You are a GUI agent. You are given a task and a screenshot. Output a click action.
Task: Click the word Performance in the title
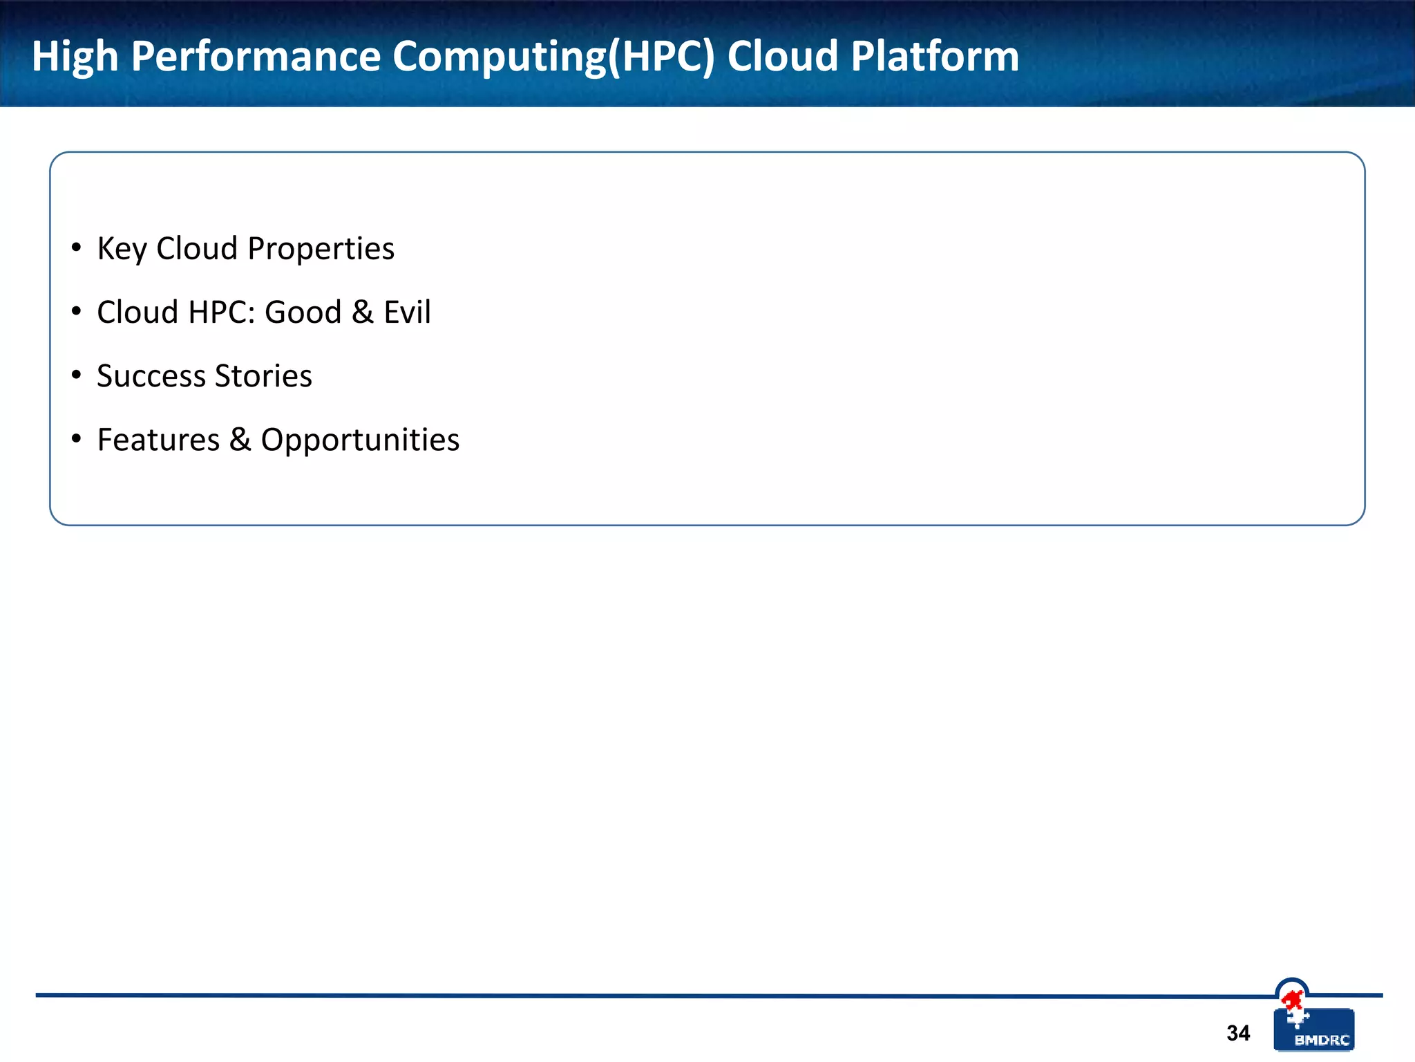pyautogui.click(x=256, y=56)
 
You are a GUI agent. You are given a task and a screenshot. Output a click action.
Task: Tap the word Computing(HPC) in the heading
pyautogui.click(x=553, y=57)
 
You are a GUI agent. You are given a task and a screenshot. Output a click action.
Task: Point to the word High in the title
pyautogui.click(x=75, y=57)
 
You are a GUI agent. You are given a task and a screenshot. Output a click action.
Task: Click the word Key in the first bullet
pyautogui.click(x=122, y=249)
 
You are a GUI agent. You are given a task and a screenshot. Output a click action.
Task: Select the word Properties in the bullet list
pyautogui.click(x=321, y=249)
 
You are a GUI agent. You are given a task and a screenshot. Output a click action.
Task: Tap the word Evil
pyautogui.click(x=407, y=312)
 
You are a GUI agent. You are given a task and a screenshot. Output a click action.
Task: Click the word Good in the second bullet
pyautogui.click(x=303, y=312)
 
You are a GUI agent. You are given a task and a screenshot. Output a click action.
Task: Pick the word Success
pyautogui.click(x=151, y=376)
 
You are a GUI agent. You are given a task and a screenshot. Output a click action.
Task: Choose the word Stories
pyautogui.click(x=263, y=376)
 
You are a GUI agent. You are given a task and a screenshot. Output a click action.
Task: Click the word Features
pyautogui.click(x=158, y=440)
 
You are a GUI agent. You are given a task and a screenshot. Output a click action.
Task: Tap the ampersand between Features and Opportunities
pyautogui.click(x=240, y=440)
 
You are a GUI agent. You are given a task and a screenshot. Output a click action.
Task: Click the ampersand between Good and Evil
pyautogui.click(x=363, y=312)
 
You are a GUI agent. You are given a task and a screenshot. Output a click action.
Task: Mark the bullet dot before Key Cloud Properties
pyautogui.click(x=77, y=248)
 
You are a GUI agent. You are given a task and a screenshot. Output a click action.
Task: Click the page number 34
pyautogui.click(x=1238, y=1033)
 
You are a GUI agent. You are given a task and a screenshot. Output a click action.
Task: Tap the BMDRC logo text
pyautogui.click(x=1321, y=1040)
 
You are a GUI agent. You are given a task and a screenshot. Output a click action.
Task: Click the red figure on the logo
pyautogui.click(x=1291, y=1000)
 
